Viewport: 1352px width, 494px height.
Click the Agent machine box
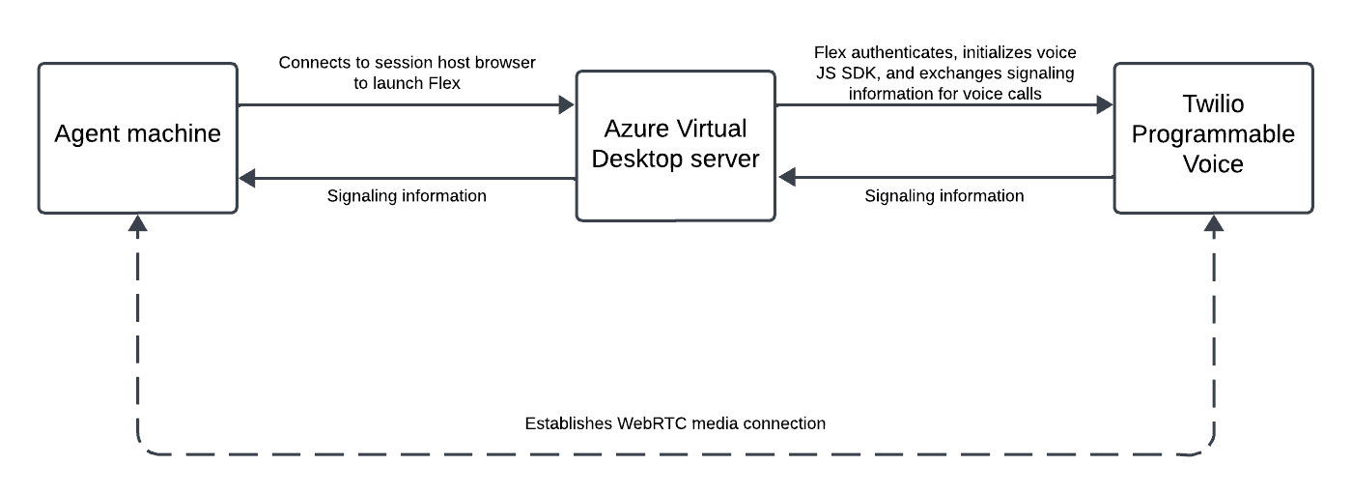137,137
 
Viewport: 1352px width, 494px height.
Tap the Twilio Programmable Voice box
1213,137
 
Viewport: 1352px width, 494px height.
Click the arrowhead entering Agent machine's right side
248,178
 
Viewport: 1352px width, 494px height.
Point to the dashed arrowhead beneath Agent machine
139,224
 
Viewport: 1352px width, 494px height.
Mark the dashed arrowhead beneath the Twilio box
1213,224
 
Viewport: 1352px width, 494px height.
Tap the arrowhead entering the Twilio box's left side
1103,106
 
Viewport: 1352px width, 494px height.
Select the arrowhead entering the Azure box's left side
566,106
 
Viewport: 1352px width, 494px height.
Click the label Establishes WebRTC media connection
675,423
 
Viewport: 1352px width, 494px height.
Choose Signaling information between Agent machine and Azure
406,196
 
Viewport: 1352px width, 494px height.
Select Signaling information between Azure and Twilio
944,196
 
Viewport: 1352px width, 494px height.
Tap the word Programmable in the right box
1213,134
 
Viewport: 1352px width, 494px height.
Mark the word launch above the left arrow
398,83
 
